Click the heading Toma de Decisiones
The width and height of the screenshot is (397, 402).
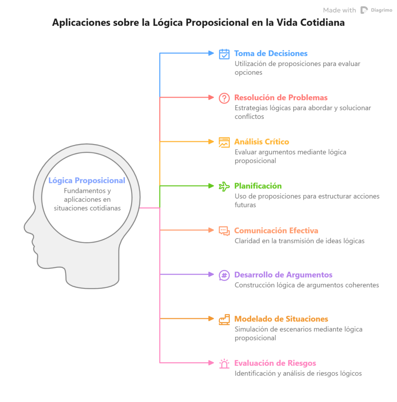point(271,53)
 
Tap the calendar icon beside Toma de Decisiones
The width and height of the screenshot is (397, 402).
point(224,54)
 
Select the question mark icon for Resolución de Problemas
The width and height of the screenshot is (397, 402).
point(224,98)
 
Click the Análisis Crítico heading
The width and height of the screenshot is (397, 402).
point(262,141)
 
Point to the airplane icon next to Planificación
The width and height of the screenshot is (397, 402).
point(224,186)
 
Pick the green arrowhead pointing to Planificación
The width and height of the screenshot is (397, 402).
point(211,186)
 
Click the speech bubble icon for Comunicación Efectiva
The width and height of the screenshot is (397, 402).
point(224,231)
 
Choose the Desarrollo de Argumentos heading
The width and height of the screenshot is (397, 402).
point(284,274)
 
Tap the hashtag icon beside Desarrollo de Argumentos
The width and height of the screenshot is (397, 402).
point(224,276)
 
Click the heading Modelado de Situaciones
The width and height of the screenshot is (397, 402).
point(281,319)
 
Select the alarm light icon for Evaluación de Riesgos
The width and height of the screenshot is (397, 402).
point(224,364)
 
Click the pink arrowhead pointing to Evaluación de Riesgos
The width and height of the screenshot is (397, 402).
point(211,363)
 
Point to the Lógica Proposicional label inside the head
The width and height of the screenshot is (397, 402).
point(87,181)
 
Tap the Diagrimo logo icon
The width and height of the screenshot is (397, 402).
point(364,10)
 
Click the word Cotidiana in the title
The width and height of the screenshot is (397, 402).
point(322,22)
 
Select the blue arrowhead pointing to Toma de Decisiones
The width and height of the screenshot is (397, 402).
point(211,53)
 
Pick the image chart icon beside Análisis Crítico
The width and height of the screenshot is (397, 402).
point(224,142)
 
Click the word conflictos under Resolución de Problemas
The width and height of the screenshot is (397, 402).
point(249,117)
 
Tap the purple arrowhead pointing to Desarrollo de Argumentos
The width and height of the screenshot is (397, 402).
point(211,274)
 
